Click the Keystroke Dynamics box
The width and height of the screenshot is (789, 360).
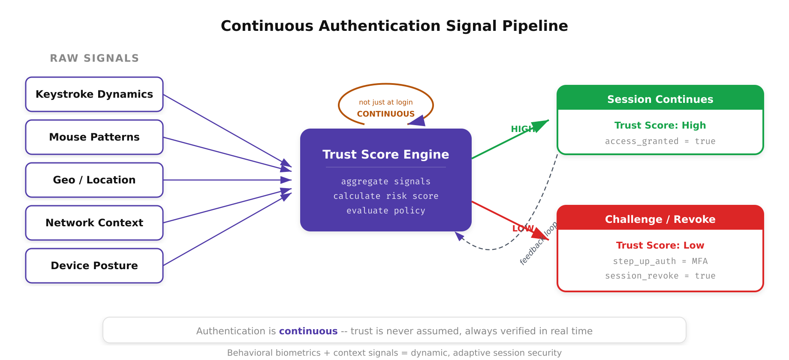(x=94, y=94)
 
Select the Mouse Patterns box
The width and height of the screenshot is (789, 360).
(x=94, y=137)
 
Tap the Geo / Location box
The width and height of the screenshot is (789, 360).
(x=94, y=180)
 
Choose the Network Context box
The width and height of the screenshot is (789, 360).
(x=94, y=223)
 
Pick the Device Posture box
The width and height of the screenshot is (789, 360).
(x=94, y=266)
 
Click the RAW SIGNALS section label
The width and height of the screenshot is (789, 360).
(x=94, y=58)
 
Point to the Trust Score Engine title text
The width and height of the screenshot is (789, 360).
(x=385, y=154)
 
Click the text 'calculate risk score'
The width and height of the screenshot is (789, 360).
(x=385, y=196)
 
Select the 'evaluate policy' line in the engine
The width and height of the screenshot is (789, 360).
(x=385, y=210)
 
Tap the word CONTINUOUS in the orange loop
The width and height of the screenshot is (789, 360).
(x=385, y=114)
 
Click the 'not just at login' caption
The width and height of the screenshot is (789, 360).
(x=385, y=102)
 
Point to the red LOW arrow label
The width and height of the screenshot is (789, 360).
(x=523, y=228)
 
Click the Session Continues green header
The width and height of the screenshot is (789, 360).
(x=660, y=99)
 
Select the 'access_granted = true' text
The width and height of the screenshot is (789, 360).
(x=660, y=141)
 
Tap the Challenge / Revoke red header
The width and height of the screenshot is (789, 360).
(x=660, y=219)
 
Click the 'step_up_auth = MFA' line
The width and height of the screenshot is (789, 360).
(x=660, y=261)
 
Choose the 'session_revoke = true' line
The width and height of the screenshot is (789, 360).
(x=660, y=276)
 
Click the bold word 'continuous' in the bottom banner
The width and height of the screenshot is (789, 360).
(x=308, y=331)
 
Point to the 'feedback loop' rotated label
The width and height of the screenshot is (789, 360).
(x=538, y=243)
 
